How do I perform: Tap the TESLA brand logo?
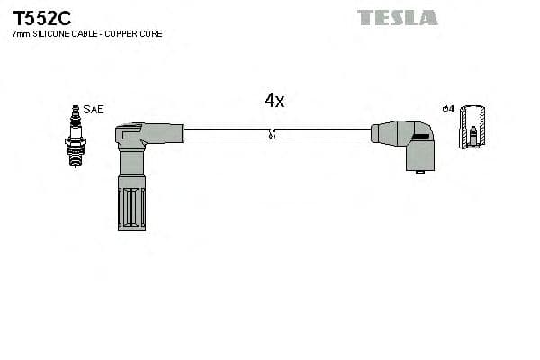tap(397, 17)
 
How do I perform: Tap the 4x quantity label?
tap(274, 101)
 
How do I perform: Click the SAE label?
tap(93, 109)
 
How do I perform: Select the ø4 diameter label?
tap(448, 109)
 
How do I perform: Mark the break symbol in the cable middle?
tap(273, 134)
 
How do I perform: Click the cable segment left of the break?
tap(225, 134)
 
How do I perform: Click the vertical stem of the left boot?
tap(130, 166)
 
